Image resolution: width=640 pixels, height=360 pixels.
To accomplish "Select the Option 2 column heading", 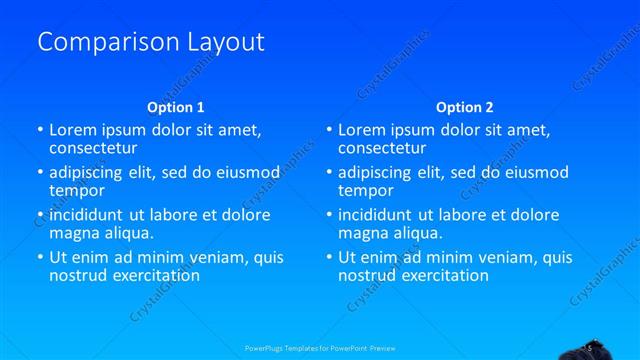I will (464, 107).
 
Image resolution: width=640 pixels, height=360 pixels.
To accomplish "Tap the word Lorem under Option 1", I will (72, 130).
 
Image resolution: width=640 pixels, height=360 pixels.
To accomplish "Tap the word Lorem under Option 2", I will (361, 130).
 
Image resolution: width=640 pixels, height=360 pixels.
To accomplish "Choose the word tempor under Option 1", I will (77, 190).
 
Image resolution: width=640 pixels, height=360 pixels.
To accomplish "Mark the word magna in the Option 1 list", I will (73, 233).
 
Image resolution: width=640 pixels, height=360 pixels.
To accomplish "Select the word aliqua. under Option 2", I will (421, 233).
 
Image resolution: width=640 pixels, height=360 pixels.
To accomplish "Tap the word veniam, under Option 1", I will (220, 258).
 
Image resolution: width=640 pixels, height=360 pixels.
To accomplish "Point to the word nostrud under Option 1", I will (76, 275).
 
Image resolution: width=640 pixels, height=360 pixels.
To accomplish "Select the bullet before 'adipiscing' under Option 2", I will (328, 172).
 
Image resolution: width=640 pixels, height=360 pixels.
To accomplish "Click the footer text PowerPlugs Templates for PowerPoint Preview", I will (320, 348).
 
